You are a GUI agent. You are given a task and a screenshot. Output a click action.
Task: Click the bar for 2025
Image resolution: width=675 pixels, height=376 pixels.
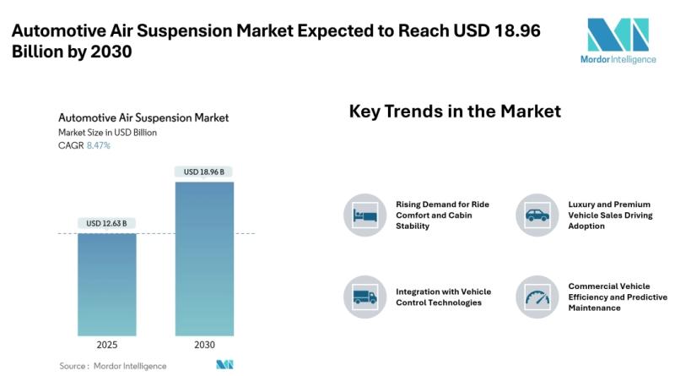click(107, 285)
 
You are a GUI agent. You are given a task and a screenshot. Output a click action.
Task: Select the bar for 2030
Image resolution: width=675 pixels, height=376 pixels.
click(204, 259)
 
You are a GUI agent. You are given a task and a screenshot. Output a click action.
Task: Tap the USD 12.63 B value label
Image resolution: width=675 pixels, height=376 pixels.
click(106, 223)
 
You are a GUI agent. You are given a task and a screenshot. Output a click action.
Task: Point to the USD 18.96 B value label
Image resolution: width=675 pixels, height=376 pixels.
click(203, 172)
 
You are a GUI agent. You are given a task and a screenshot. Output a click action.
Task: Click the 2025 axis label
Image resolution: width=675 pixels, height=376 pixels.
click(107, 345)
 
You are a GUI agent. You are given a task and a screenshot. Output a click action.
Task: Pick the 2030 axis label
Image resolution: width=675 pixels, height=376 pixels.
click(204, 345)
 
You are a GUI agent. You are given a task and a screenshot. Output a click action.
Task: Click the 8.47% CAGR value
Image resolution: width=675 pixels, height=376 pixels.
click(99, 145)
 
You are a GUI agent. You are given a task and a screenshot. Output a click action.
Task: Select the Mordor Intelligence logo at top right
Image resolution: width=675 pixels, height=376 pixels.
click(618, 41)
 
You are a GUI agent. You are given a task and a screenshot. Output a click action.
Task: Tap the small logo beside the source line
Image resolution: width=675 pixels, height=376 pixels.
click(224, 365)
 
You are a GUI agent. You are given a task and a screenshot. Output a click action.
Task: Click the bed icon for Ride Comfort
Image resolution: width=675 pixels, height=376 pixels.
click(365, 215)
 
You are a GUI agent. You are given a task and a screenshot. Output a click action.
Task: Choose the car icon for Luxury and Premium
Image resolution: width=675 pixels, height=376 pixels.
click(537, 215)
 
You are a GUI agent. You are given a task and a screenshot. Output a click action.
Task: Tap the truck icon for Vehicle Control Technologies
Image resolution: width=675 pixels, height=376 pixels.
click(365, 297)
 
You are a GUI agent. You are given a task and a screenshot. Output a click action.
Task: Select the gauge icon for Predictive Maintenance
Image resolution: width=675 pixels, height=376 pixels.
click(537, 297)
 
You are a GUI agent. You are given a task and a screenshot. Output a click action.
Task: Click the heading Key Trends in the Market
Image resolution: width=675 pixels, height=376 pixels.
click(455, 112)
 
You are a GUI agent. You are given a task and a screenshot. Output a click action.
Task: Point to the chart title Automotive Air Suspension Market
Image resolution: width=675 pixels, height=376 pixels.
click(143, 117)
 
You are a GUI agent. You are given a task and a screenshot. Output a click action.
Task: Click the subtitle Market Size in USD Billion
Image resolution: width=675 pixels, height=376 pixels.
click(108, 133)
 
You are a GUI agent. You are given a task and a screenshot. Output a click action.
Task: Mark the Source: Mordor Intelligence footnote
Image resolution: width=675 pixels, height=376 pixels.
click(113, 366)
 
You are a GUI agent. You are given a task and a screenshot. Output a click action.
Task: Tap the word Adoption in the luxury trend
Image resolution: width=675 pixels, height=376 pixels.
click(586, 226)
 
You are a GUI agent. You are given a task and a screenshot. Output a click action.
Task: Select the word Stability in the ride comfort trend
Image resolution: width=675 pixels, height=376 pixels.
click(413, 226)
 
